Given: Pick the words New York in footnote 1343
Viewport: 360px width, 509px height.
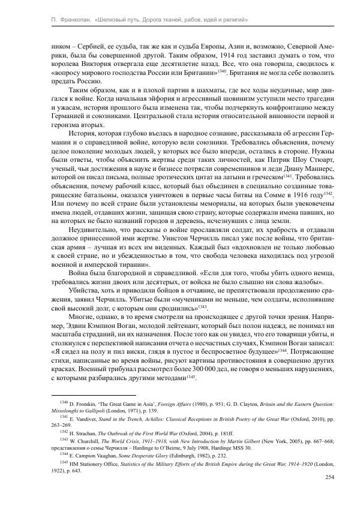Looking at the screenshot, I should (255, 441).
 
